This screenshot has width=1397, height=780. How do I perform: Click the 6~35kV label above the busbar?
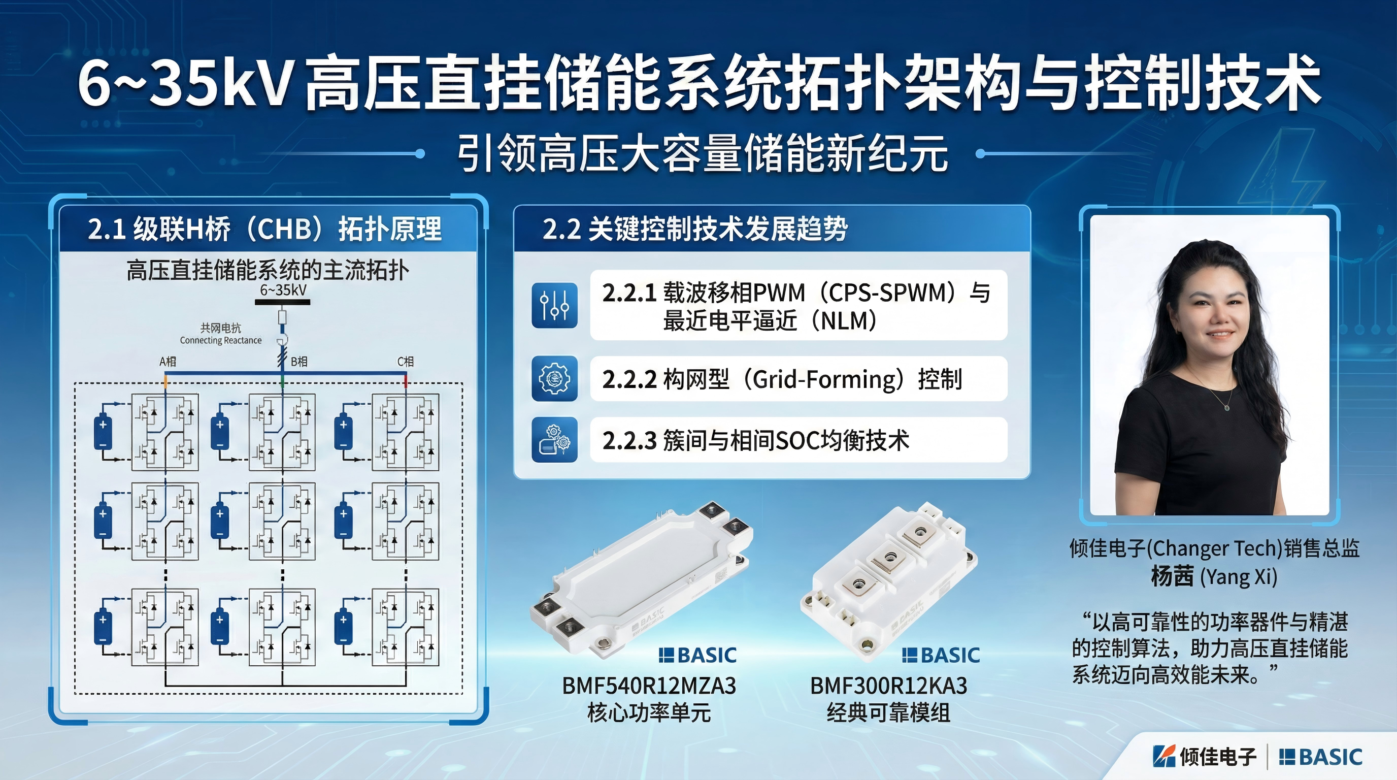[x=283, y=290]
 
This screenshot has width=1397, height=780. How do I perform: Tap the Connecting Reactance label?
[x=221, y=340]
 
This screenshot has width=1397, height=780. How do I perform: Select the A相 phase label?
[x=168, y=361]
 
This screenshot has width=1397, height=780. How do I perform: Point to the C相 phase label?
[x=406, y=361]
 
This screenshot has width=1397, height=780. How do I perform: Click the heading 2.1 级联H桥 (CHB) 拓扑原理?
[x=264, y=229]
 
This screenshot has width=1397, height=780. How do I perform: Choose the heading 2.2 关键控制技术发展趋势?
[x=695, y=229]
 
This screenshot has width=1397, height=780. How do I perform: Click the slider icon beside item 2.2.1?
[x=554, y=305]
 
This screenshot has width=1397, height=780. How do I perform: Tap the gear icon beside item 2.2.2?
[x=554, y=379]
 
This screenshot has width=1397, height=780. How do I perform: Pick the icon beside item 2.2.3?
[x=554, y=440]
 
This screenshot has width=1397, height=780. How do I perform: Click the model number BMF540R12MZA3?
[x=649, y=686]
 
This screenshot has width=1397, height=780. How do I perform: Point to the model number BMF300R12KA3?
[x=889, y=686]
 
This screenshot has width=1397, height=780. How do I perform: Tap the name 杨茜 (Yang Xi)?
[x=1214, y=576]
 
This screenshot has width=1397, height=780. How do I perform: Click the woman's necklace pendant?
[x=1227, y=407]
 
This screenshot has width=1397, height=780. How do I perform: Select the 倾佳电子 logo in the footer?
[x=1205, y=757]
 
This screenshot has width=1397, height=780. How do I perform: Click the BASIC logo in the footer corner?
[x=1320, y=757]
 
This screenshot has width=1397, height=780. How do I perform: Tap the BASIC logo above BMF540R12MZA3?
[x=697, y=655]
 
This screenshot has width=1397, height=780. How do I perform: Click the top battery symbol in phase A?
[x=103, y=432]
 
